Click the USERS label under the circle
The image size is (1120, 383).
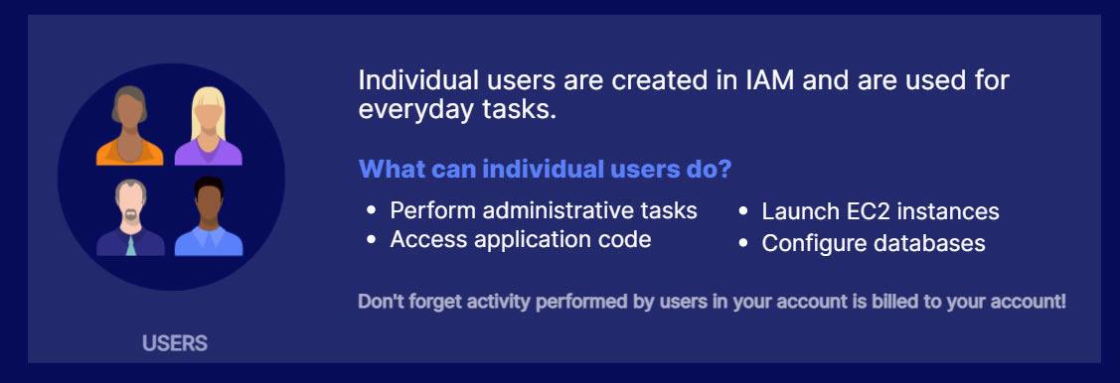(175, 343)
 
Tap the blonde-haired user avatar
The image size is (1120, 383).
(209, 126)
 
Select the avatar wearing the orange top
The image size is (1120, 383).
(129, 126)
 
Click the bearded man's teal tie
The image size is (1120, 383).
(131, 245)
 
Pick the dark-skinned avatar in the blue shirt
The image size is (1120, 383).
(209, 216)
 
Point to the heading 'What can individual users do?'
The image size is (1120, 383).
(545, 170)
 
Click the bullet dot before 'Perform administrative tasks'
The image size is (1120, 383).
(371, 211)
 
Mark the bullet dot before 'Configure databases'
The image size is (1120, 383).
(743, 243)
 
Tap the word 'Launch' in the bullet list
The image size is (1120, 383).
(794, 211)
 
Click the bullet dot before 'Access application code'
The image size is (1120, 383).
(371, 240)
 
